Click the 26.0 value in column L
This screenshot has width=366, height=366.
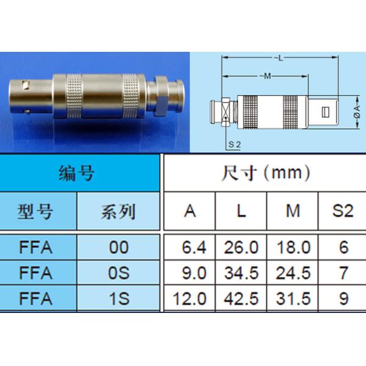click(241, 248)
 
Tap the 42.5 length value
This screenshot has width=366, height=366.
click(241, 298)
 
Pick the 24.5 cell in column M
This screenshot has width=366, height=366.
click(293, 273)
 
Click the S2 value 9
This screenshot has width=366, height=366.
click(343, 298)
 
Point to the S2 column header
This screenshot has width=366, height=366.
click(343, 212)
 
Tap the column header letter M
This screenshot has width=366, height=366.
click(293, 212)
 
